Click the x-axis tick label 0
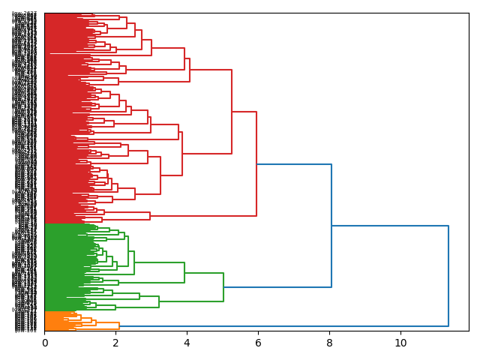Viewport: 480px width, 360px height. coord(45,343)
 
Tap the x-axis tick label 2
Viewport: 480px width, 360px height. coord(115,343)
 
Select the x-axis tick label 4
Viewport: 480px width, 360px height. coord(187,343)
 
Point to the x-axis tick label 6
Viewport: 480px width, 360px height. coord(258,343)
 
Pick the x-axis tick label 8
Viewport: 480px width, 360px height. coord(329,343)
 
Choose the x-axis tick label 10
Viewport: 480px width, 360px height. coord(400,343)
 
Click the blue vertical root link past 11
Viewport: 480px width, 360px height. coord(448,276)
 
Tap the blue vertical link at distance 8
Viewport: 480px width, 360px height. coord(331,225)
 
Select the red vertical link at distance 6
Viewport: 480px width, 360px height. coord(256,163)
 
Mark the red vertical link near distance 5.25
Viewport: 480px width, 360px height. coord(232,112)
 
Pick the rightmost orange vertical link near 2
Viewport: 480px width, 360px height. coord(119,325)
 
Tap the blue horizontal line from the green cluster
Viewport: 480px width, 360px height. coord(277,287)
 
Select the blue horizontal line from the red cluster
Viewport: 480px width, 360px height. coord(294,164)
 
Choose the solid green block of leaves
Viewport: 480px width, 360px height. coord(64,267)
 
